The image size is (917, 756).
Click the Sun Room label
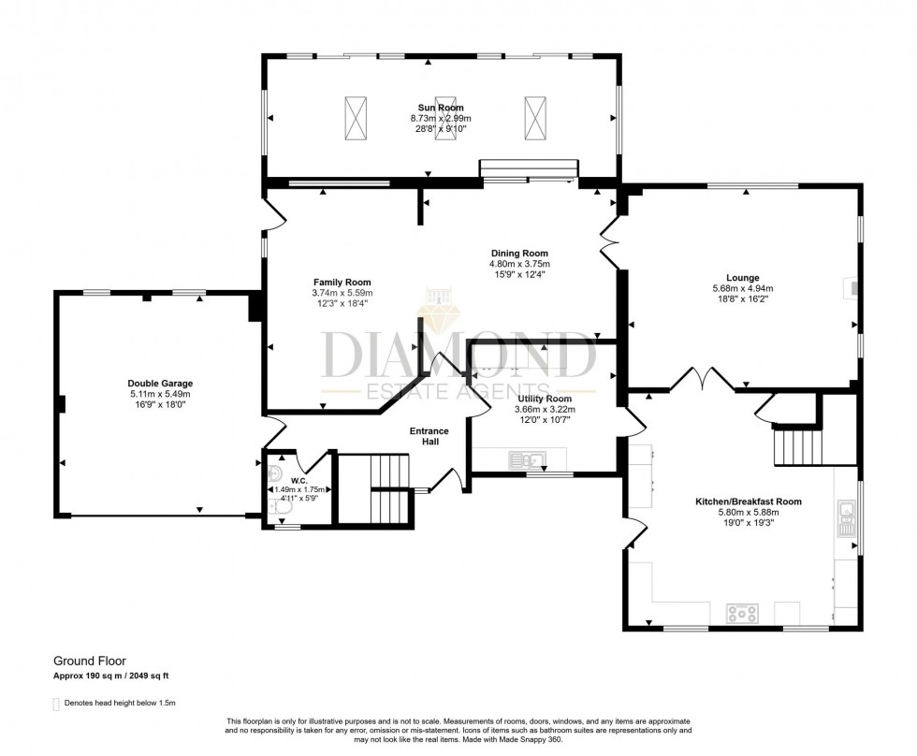pyautogui.click(x=440, y=108)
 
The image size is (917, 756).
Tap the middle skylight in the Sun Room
pyautogui.click(x=446, y=119)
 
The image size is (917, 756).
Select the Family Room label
pyautogui.click(x=342, y=282)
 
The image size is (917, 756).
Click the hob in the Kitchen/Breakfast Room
pyautogui.click(x=742, y=614)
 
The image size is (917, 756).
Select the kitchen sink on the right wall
pyautogui.click(x=847, y=516)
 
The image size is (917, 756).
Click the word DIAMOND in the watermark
pyautogui.click(x=458, y=355)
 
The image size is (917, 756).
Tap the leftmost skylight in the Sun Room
pyautogui.click(x=357, y=119)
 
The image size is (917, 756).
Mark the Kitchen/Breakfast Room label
pyautogui.click(x=748, y=502)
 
